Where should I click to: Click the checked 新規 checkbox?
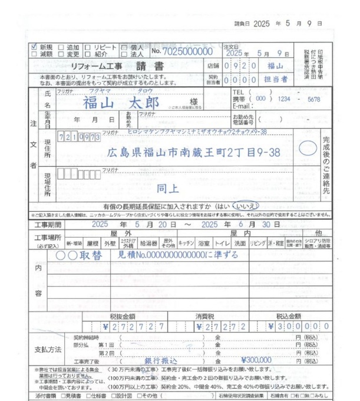pos(33,45)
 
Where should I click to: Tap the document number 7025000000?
pos(188,52)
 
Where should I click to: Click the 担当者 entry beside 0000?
pos(276,78)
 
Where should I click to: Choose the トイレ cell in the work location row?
pos(222,243)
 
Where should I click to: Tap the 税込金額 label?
pos(290,316)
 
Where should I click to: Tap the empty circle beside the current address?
pos(307,149)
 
